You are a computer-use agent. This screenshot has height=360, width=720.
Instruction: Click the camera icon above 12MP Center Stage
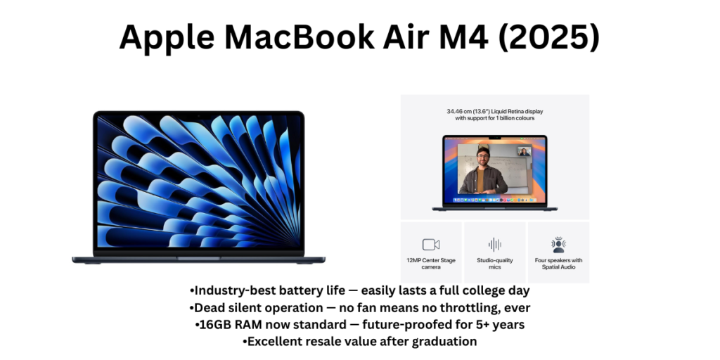pos(431,245)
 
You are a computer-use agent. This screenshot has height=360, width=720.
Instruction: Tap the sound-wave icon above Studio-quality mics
pos(495,245)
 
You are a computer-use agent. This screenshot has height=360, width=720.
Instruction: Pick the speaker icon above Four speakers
pos(558,244)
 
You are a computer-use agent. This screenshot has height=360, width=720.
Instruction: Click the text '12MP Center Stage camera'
pos(431,264)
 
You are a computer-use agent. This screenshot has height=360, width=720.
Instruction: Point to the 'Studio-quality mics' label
pos(495,264)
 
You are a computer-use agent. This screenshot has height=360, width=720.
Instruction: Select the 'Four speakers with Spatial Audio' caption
pos(558,264)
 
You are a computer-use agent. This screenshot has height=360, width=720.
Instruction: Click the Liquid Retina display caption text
pos(495,115)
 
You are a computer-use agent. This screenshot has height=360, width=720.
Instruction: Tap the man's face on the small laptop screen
pos(483,156)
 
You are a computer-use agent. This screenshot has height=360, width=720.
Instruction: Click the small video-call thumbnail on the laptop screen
pos(523,151)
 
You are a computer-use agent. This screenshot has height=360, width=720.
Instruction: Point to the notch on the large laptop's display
pos(199,114)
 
